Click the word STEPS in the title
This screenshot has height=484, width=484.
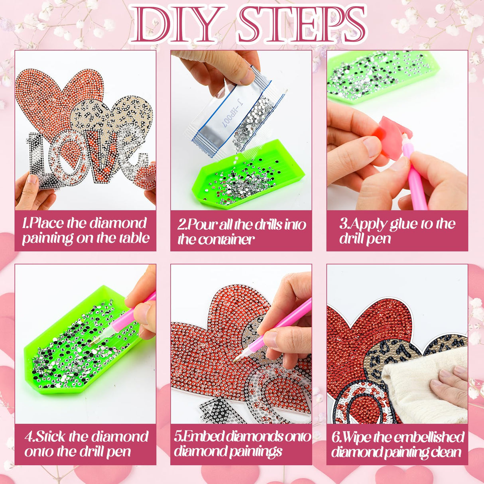302,24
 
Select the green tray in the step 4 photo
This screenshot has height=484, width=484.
83,344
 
